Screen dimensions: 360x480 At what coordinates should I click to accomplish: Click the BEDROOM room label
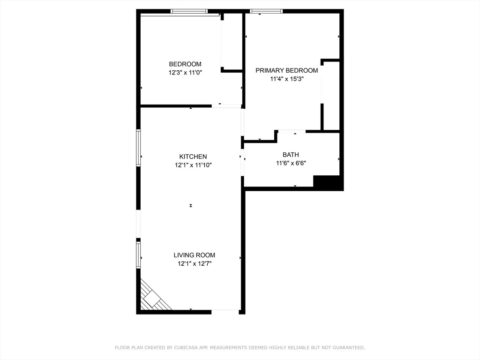click(185, 64)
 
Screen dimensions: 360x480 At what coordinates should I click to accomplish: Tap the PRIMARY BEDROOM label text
click(286, 70)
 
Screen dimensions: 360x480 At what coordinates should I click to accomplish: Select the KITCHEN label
click(193, 157)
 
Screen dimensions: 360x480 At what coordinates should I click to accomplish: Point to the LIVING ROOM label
click(194, 255)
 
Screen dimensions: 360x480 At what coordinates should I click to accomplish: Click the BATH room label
click(291, 155)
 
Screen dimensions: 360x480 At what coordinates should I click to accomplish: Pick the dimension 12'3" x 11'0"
click(185, 73)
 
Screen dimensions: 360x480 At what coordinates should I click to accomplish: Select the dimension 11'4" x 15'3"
click(286, 79)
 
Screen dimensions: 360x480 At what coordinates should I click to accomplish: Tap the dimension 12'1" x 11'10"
click(193, 165)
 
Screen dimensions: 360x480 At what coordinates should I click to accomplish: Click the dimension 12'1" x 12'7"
click(194, 263)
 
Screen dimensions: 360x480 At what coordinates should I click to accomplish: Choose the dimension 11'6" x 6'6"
click(291, 163)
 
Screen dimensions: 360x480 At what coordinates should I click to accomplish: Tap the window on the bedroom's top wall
click(189, 11)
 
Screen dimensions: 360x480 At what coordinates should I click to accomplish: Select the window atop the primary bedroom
click(266, 11)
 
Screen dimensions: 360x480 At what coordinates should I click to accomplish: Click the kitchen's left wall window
click(139, 148)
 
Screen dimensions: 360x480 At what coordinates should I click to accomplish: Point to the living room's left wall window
click(139, 254)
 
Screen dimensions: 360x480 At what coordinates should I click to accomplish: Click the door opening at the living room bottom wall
click(225, 311)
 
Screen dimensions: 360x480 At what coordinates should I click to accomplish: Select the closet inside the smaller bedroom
click(232, 42)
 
